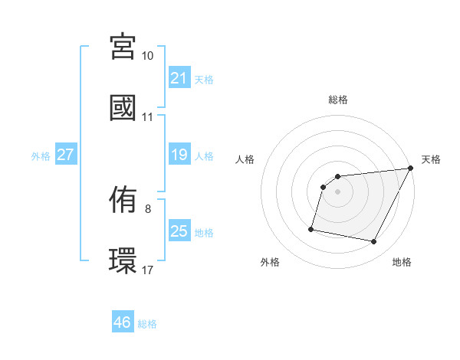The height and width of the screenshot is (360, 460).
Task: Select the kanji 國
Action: pos(123,107)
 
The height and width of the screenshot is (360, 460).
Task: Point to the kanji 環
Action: pos(123,260)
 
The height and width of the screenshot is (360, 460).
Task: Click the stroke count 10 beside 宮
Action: pos(148,56)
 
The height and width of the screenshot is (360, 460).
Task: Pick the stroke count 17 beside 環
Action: pos(148,270)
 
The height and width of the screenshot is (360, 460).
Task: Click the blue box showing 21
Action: pos(179,78)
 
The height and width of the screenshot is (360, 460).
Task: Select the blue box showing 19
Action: pos(179,155)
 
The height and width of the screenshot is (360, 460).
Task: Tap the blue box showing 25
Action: pos(179,231)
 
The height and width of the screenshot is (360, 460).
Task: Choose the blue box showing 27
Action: pos(65,155)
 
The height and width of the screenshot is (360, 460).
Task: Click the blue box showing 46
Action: pos(122,322)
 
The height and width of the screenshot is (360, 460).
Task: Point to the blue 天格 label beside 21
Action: pos(204,79)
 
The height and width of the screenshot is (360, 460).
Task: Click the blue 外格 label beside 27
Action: pos(41,155)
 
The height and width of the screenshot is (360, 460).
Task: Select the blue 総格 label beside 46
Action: pos(147,323)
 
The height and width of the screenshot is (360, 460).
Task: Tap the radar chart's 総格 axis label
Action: pos(338,100)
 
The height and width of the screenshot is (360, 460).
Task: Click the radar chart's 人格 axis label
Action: pos(245,159)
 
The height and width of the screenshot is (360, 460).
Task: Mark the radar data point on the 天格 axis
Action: pos(412,169)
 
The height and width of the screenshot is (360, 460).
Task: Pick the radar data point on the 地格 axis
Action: pos(374,242)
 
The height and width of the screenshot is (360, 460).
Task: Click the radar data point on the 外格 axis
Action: pos(311,228)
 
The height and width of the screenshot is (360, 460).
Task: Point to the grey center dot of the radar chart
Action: pos(338,192)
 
